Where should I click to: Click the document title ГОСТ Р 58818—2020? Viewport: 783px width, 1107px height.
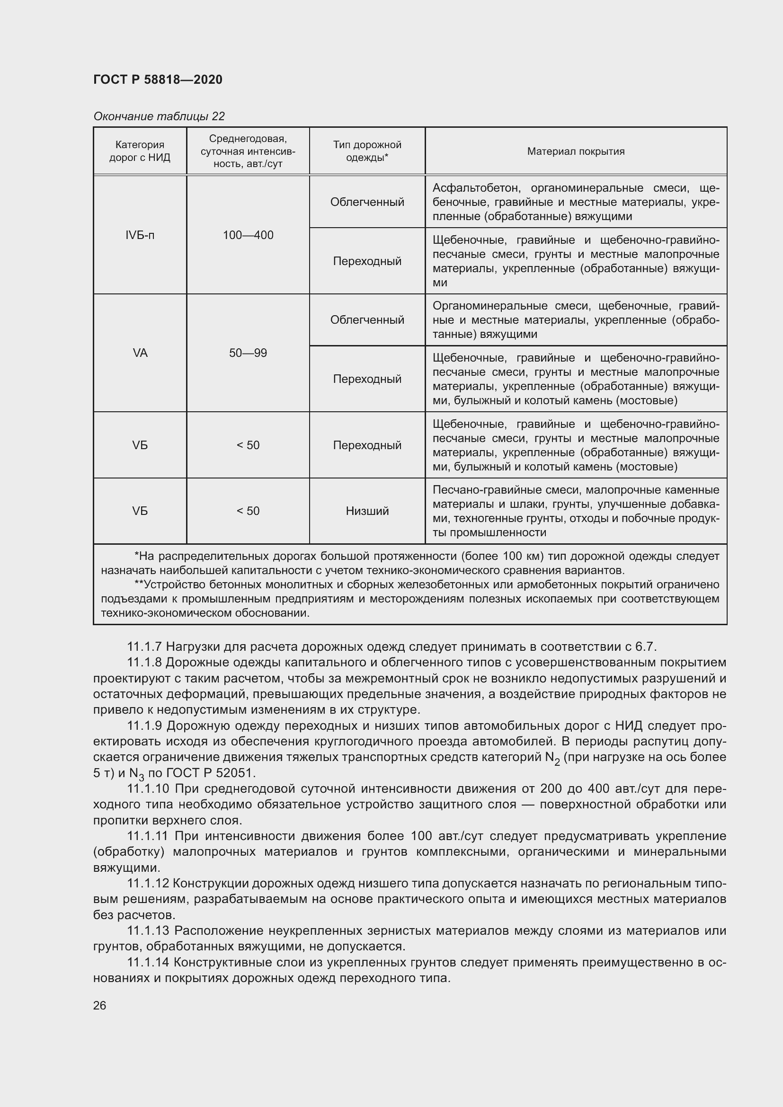point(158,80)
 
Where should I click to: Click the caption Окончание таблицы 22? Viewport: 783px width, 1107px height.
point(159,116)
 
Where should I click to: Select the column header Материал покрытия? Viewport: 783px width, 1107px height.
point(576,151)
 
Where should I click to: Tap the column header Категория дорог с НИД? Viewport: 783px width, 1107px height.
point(140,151)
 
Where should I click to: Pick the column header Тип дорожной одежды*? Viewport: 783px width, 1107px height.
point(367,151)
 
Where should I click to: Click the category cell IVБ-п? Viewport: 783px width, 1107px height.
point(140,235)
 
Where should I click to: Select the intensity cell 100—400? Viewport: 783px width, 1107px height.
point(248,235)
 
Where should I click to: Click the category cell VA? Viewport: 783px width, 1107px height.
point(140,353)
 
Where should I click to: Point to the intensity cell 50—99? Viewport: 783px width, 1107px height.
point(248,353)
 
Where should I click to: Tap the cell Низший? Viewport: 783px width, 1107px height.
point(367,511)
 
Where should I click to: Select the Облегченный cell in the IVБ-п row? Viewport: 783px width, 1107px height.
point(367,202)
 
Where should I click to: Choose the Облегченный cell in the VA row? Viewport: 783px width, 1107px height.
point(367,319)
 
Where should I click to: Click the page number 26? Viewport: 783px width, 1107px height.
point(100,1005)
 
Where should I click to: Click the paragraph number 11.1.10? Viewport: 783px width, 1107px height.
point(148,789)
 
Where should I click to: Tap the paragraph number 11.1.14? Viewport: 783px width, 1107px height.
point(148,962)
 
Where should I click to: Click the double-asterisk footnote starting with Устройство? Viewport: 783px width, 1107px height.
point(410,599)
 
